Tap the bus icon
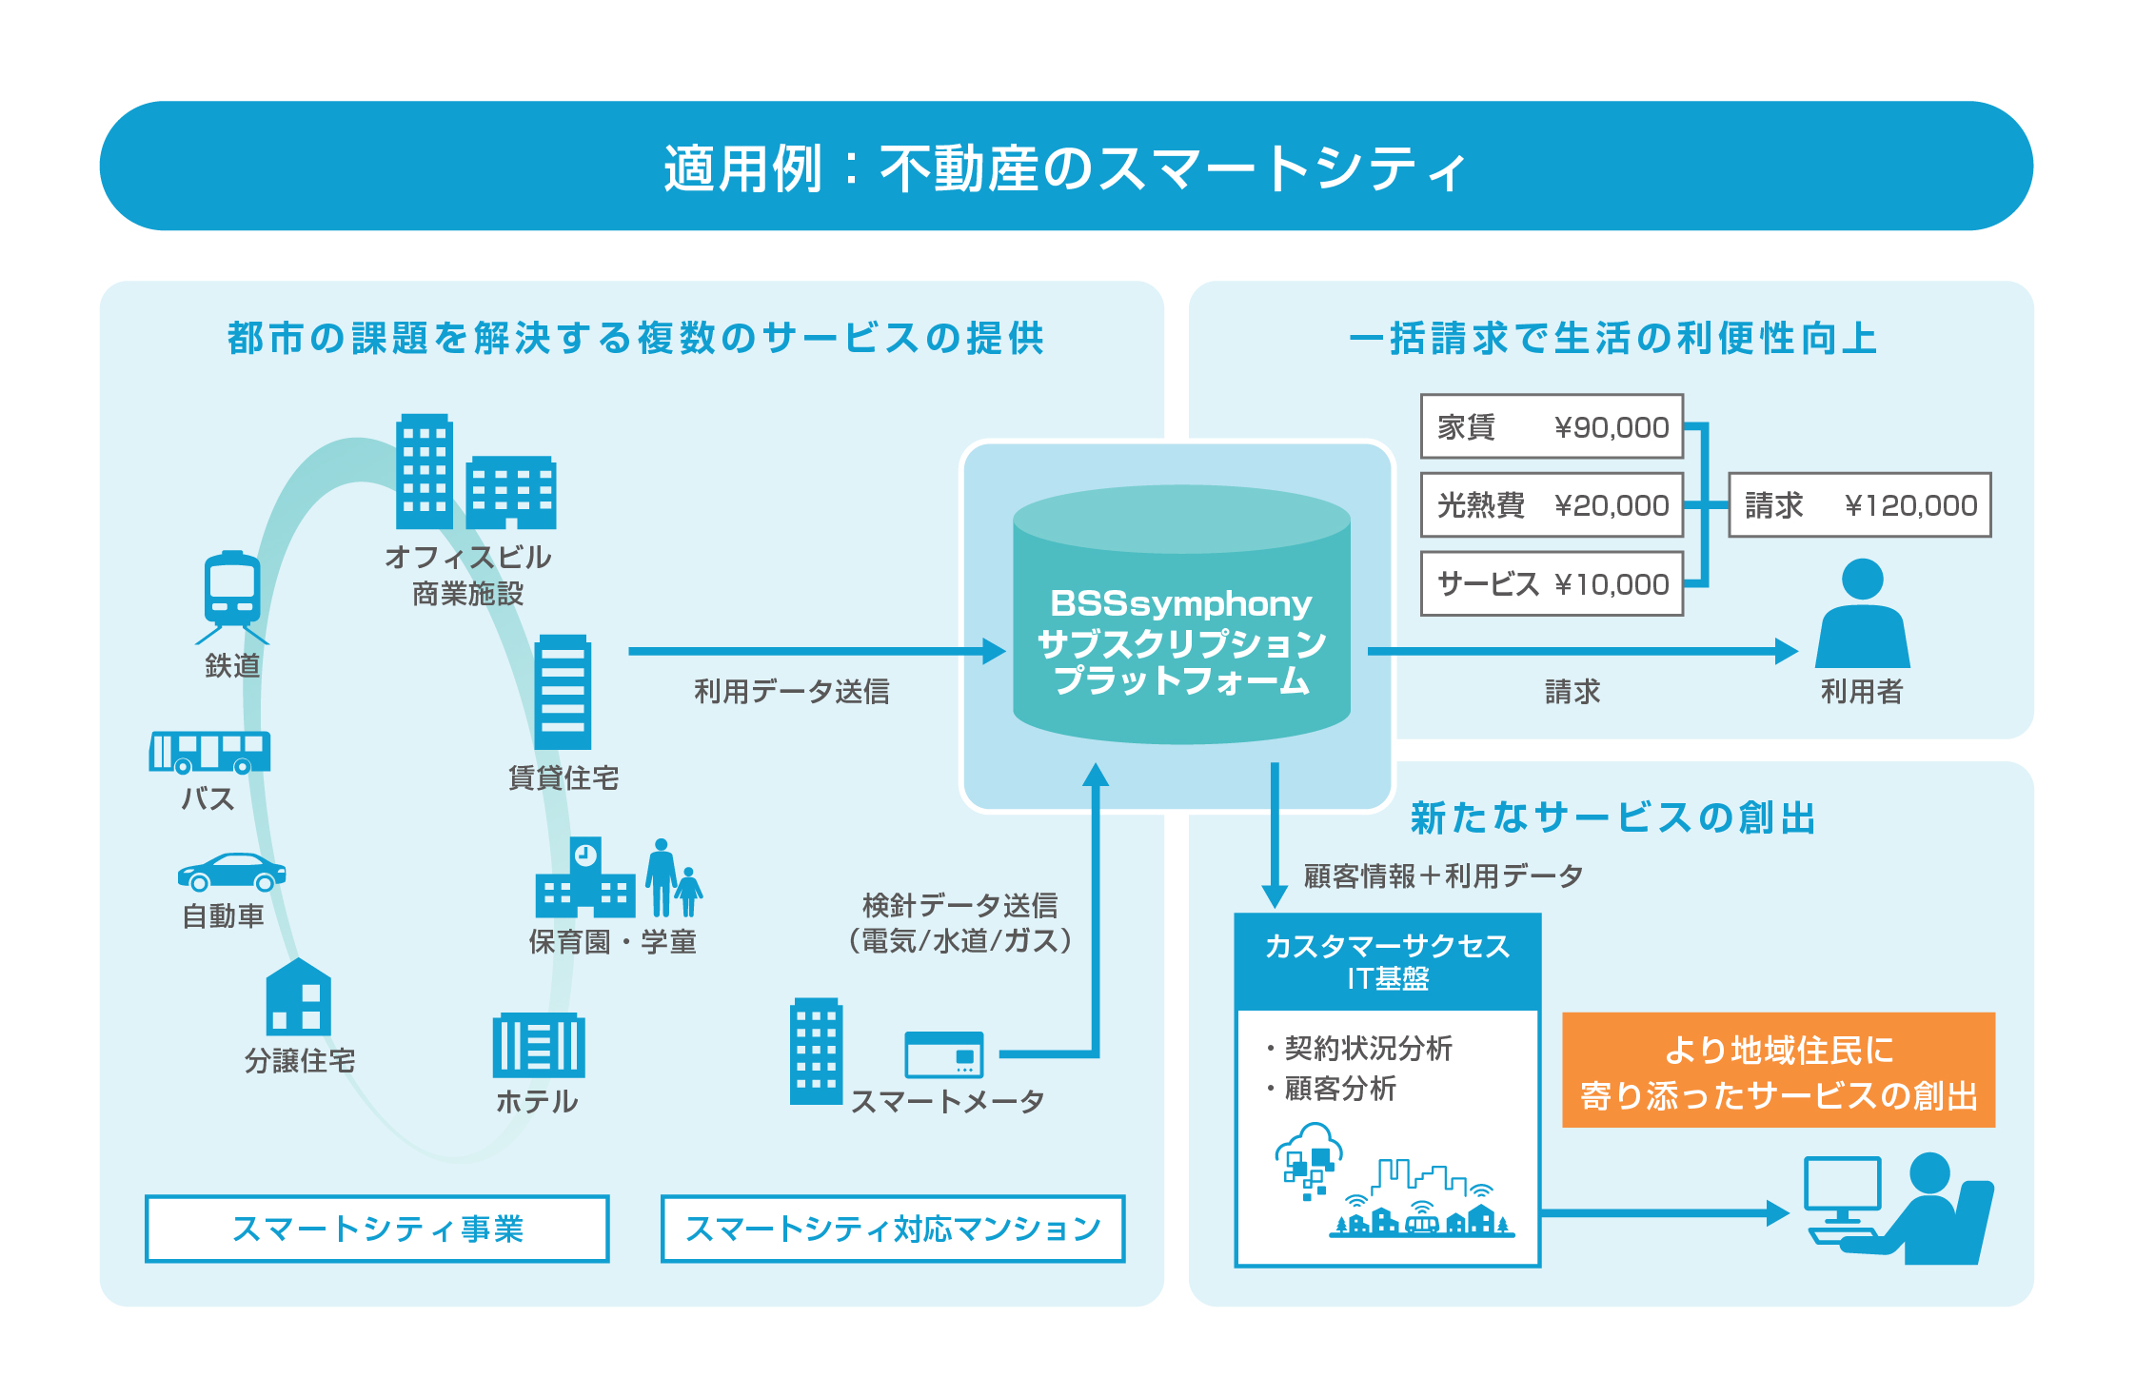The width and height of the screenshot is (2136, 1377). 209,752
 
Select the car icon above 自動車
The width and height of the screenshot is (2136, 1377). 231,872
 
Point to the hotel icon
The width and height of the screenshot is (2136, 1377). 538,1045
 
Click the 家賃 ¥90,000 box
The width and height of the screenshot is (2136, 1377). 1552,426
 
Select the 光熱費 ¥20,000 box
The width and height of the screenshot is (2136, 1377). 1552,505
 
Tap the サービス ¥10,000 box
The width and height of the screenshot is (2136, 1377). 1552,583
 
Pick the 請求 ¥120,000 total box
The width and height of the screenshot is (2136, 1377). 1859,505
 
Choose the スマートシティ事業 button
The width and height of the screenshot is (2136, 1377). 377,1229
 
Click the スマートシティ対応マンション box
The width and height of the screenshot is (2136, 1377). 892,1229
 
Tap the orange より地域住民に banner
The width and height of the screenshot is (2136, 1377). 1778,1071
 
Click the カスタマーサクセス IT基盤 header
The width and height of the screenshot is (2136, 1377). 1387,962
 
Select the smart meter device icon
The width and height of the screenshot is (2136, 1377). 943,1054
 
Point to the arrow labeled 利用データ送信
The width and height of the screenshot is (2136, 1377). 816,652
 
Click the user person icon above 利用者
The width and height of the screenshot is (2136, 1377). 1862,615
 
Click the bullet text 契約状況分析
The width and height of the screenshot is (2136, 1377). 1367,1048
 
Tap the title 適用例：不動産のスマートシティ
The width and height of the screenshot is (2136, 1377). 1066,167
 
